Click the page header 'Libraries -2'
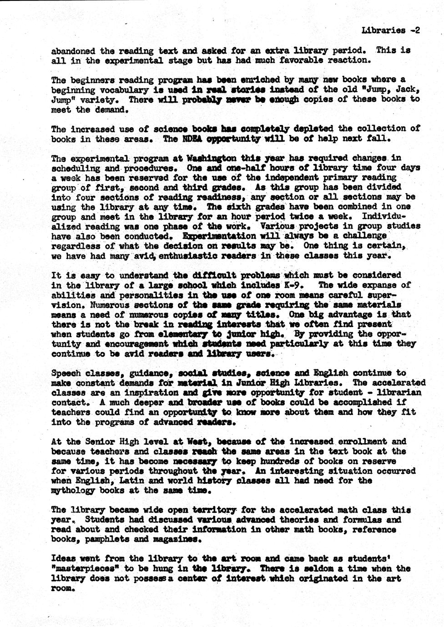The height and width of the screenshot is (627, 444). click(x=390, y=30)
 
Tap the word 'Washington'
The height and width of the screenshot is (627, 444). click(x=211, y=159)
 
